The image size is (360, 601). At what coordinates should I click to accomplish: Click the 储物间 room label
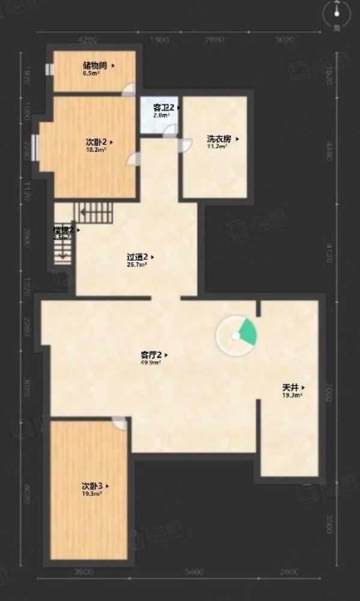point(95,66)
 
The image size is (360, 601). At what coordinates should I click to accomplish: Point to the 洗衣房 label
point(219,138)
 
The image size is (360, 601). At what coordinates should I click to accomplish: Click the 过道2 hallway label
point(138,257)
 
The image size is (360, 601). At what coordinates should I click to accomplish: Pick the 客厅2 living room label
point(150,355)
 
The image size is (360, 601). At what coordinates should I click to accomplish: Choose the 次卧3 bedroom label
point(92,485)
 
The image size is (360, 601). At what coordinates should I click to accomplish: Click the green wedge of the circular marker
point(246,332)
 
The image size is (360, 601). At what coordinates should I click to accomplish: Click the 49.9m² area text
point(150,363)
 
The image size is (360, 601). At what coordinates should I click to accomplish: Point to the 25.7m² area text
point(138,264)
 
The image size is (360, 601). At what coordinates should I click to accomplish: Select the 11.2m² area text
point(218,146)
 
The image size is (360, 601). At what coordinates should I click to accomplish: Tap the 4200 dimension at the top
point(88,40)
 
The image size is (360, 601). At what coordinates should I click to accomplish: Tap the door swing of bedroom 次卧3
point(120,425)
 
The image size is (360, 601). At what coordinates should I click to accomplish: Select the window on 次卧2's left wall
point(35,145)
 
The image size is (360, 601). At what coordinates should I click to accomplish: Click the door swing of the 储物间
point(127,91)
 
